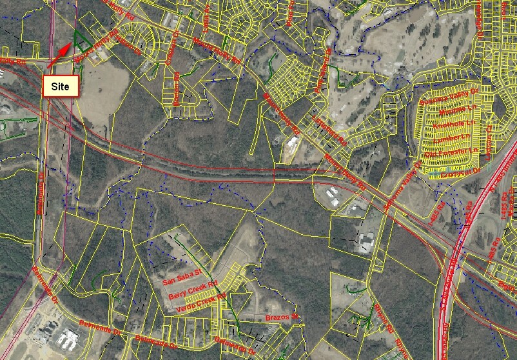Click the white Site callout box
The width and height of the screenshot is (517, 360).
(61, 86)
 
